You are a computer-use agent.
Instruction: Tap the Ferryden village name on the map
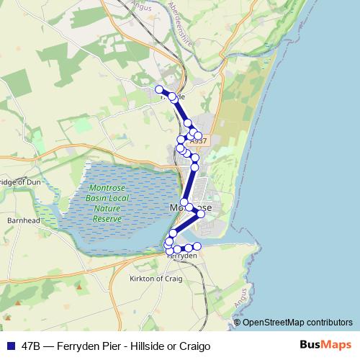[182, 256]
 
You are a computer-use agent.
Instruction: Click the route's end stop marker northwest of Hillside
[159, 89]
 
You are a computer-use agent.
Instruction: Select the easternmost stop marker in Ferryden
[197, 247]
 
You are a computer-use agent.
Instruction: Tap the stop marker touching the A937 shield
[198, 135]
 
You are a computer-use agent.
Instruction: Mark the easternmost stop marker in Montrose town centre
[201, 214]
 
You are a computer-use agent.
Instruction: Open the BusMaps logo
[325, 345]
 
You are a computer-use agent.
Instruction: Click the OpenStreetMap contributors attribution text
[298, 322]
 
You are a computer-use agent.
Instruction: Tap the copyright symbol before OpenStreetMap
[238, 322]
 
